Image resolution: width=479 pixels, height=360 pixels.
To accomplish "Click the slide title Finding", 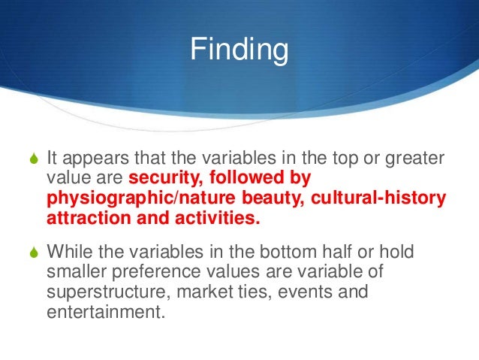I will (239, 51).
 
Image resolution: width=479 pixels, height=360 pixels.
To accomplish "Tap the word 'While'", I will (70, 250).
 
